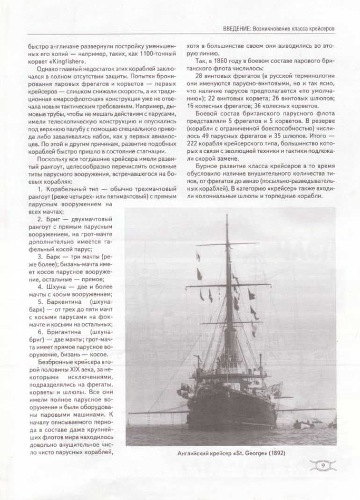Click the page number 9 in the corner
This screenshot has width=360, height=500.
324,466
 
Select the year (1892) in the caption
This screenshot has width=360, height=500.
275,453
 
